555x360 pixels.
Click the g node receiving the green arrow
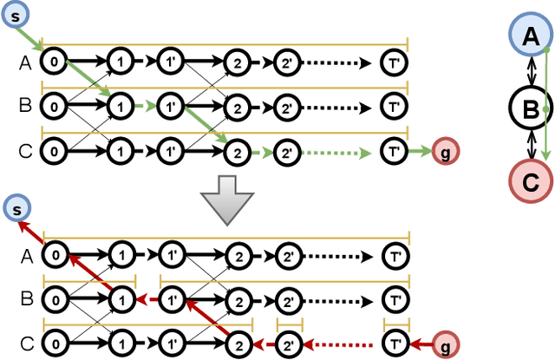[445, 151]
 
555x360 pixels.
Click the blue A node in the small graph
[528, 36]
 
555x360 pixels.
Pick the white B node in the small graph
[528, 108]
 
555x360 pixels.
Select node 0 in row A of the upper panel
[55, 62]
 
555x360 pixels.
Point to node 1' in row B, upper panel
[171, 107]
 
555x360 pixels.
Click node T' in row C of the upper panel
[395, 151]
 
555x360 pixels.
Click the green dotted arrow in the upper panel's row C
[343, 151]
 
